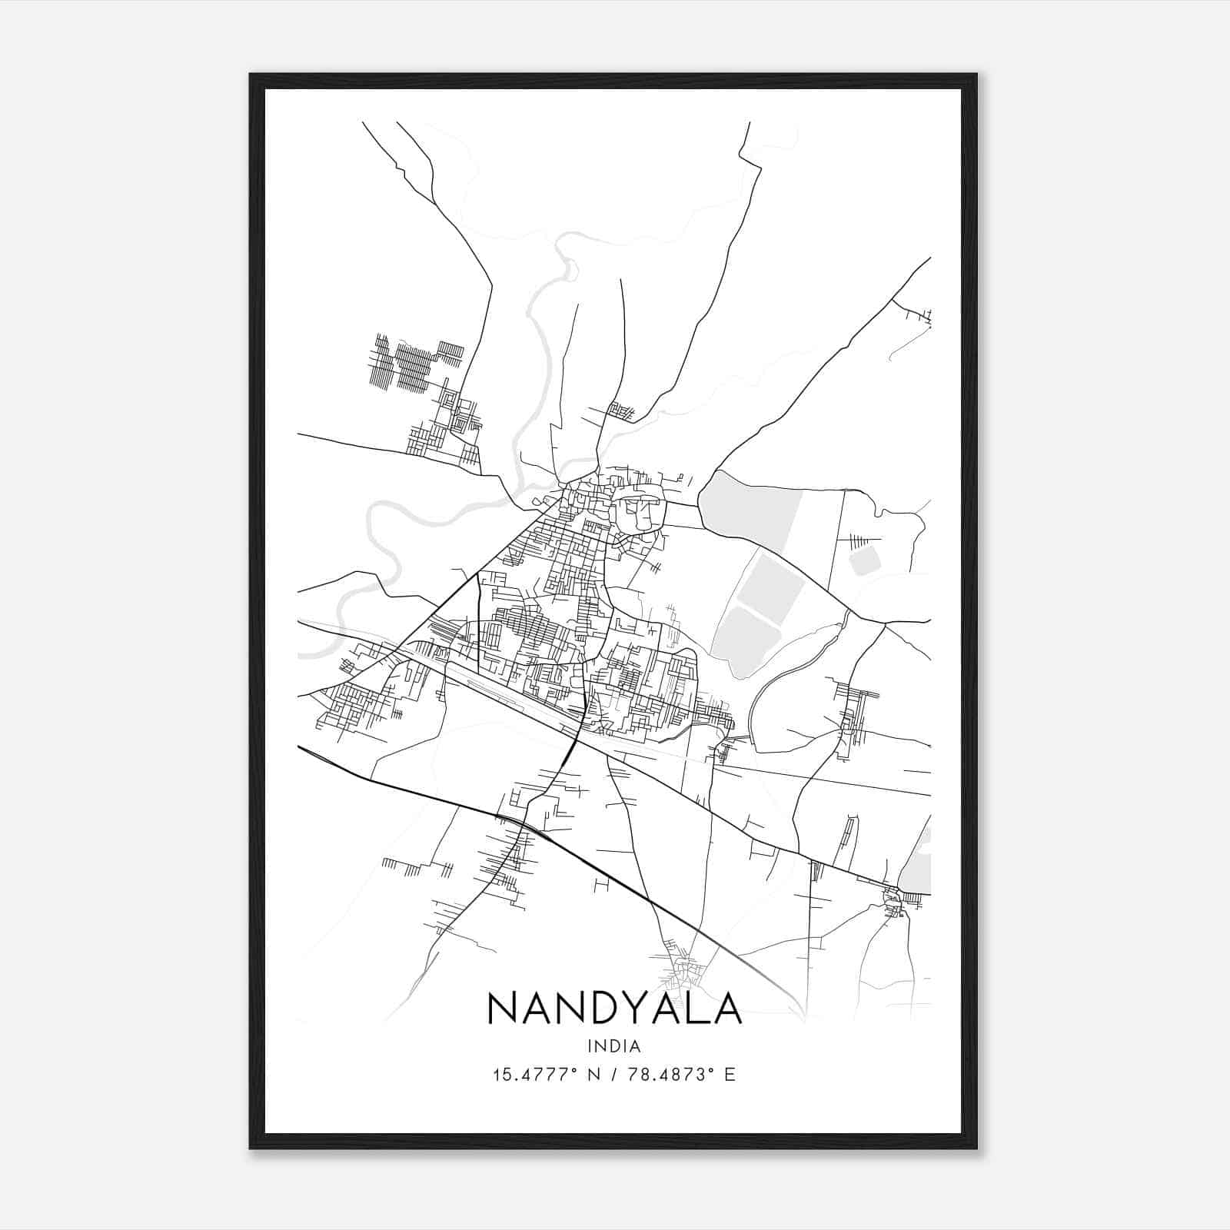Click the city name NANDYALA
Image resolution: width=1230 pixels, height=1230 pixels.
coord(614,1009)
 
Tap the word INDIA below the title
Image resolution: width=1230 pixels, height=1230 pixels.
coord(614,1045)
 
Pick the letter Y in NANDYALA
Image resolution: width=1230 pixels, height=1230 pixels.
coord(630,1009)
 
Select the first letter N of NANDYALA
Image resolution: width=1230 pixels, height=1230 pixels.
coord(503,1009)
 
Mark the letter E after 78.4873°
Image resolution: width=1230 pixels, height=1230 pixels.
coord(730,1074)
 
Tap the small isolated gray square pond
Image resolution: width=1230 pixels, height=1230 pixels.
coord(864,560)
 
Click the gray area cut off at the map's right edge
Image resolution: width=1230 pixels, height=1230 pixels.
coord(919,865)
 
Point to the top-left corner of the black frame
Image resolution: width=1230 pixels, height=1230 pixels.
coord(251,75)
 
